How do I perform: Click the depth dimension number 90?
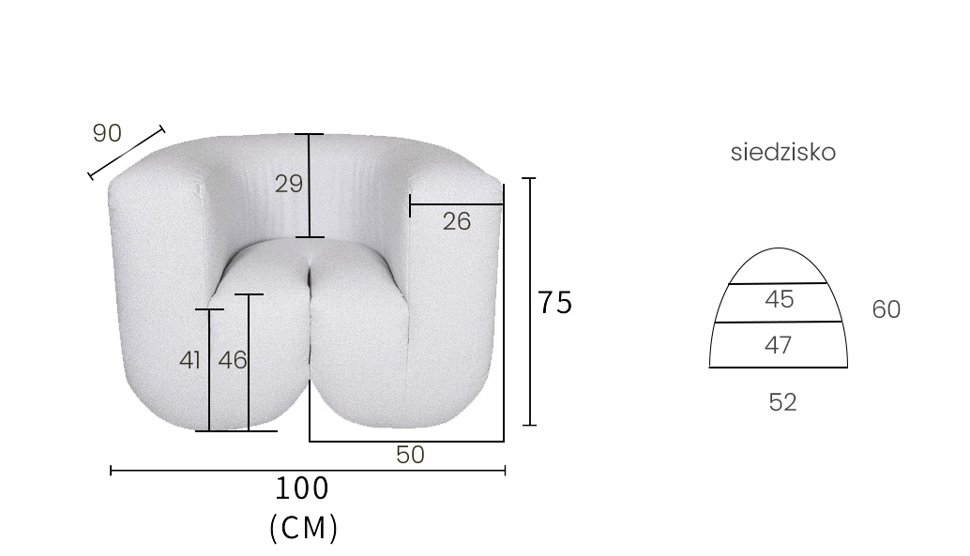pyautogui.click(x=107, y=133)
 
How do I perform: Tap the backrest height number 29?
pyautogui.click(x=289, y=184)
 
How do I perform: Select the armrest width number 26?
pyautogui.click(x=457, y=221)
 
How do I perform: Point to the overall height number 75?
pyautogui.click(x=555, y=303)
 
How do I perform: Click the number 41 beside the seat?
pyautogui.click(x=190, y=360)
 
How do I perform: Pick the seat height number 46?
pyautogui.click(x=233, y=360)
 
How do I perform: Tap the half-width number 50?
pyautogui.click(x=410, y=455)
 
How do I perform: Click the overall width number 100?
pyautogui.click(x=302, y=488)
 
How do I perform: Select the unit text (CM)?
pyautogui.click(x=304, y=528)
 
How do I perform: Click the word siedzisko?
pyautogui.click(x=783, y=152)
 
